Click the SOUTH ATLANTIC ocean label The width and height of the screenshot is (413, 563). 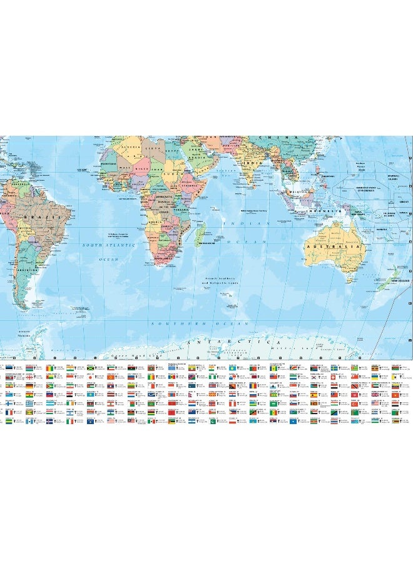pyautogui.click(x=109, y=246)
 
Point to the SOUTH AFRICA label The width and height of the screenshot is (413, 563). pyautogui.click(x=164, y=257)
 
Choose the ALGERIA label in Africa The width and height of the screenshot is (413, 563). pyautogui.click(x=134, y=151)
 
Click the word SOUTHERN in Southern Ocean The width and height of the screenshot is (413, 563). pyautogui.click(x=168, y=323)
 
